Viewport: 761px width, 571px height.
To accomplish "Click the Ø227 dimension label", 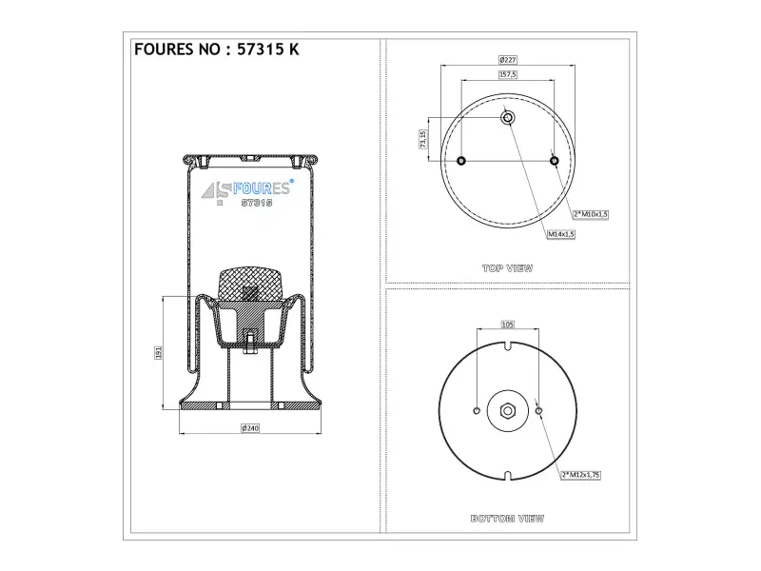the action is coord(508,60).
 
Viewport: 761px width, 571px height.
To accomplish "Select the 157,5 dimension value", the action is coord(508,74).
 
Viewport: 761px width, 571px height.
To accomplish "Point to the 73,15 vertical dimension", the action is coord(423,139).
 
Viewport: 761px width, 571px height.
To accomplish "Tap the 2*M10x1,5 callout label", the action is coord(590,214).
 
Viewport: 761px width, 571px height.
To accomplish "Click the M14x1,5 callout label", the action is coord(561,234).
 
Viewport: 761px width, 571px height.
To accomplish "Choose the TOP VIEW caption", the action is coord(508,268).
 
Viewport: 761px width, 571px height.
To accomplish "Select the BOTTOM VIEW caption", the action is coord(508,519).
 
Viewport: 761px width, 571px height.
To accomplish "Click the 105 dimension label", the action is coord(507,325).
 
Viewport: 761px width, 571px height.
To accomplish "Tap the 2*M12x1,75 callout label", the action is coord(580,475).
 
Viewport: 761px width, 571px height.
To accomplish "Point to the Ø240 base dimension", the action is coord(250,427).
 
